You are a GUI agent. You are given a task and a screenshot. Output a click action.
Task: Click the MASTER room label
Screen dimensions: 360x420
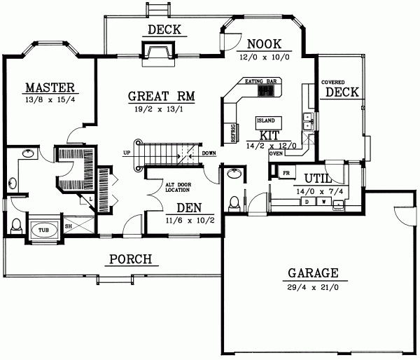(49, 88)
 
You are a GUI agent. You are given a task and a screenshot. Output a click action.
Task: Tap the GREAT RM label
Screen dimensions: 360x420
(161, 97)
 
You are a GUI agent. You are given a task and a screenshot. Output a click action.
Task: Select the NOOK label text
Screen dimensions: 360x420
(264, 43)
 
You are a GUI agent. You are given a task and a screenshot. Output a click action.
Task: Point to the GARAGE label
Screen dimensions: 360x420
(312, 273)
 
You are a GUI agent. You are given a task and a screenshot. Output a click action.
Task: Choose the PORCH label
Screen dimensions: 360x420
(130, 260)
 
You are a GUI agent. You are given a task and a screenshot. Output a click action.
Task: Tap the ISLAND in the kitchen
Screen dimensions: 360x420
(265, 120)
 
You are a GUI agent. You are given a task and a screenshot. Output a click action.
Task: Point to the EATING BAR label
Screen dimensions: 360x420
(262, 81)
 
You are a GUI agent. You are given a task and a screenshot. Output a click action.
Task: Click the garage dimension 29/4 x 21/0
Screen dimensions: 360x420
(312, 287)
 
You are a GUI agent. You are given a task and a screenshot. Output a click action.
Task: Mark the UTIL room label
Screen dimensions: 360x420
(317, 178)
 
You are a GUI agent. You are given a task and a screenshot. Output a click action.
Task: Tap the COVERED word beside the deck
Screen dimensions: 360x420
(332, 82)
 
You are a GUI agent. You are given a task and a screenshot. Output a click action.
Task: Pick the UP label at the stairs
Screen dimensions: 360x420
(127, 152)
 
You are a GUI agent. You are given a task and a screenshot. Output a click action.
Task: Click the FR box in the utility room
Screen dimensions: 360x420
(286, 172)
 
